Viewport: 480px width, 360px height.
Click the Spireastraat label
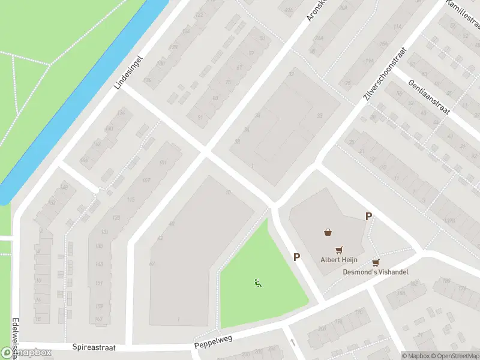pyautogui.click(x=94, y=347)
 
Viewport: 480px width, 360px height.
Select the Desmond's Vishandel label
pyautogui.click(x=376, y=272)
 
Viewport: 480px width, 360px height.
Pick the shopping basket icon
pyautogui.click(x=328, y=232)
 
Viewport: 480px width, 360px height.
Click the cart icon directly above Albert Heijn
pyautogui.click(x=339, y=250)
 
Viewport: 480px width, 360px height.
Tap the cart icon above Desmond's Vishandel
pyautogui.click(x=376, y=262)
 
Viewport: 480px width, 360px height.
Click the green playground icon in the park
pyautogui.click(x=258, y=284)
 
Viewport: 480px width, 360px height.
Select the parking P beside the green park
pyautogui.click(x=296, y=257)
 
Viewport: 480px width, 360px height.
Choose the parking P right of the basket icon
pyautogui.click(x=368, y=217)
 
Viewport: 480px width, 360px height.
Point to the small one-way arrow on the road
pyautogui.click(x=293, y=342)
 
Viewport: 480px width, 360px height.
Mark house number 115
pyautogui.click(x=131, y=200)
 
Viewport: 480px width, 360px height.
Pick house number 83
pyautogui.click(x=216, y=98)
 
